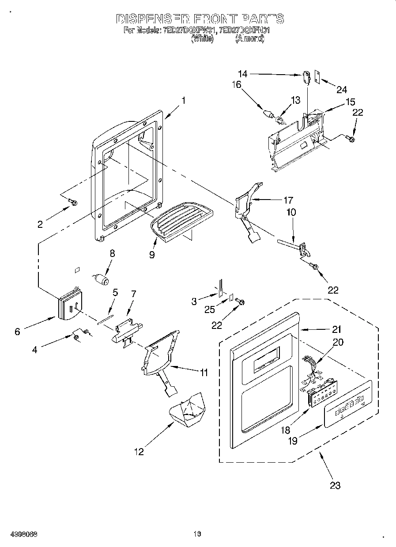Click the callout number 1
[183, 101]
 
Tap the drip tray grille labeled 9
[181, 219]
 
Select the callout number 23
[335, 485]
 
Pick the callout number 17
[288, 200]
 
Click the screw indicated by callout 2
[73, 203]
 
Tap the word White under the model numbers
[203, 39]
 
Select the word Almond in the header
[250, 39]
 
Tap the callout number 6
[17, 331]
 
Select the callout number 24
[341, 90]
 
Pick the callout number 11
[203, 373]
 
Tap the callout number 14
[242, 74]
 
